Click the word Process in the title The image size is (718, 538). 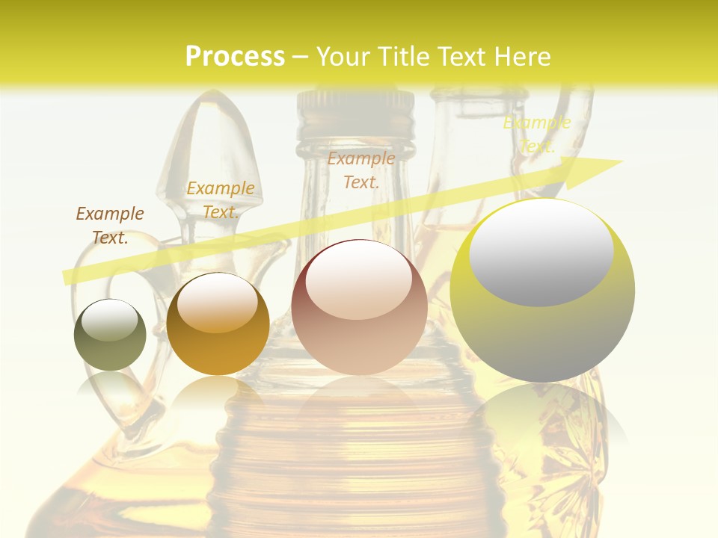click(x=235, y=57)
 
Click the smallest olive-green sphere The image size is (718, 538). click(x=110, y=336)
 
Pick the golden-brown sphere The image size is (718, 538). click(x=218, y=324)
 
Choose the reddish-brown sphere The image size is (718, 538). click(x=360, y=308)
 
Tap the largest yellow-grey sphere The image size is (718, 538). click(x=542, y=291)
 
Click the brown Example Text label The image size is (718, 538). click(x=110, y=226)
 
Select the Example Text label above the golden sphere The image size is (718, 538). click(x=221, y=200)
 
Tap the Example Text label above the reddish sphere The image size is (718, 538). click(x=361, y=170)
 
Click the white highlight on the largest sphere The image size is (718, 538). click(x=541, y=250)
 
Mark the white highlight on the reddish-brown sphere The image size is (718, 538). click(x=359, y=280)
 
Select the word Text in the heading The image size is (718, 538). click(x=461, y=57)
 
